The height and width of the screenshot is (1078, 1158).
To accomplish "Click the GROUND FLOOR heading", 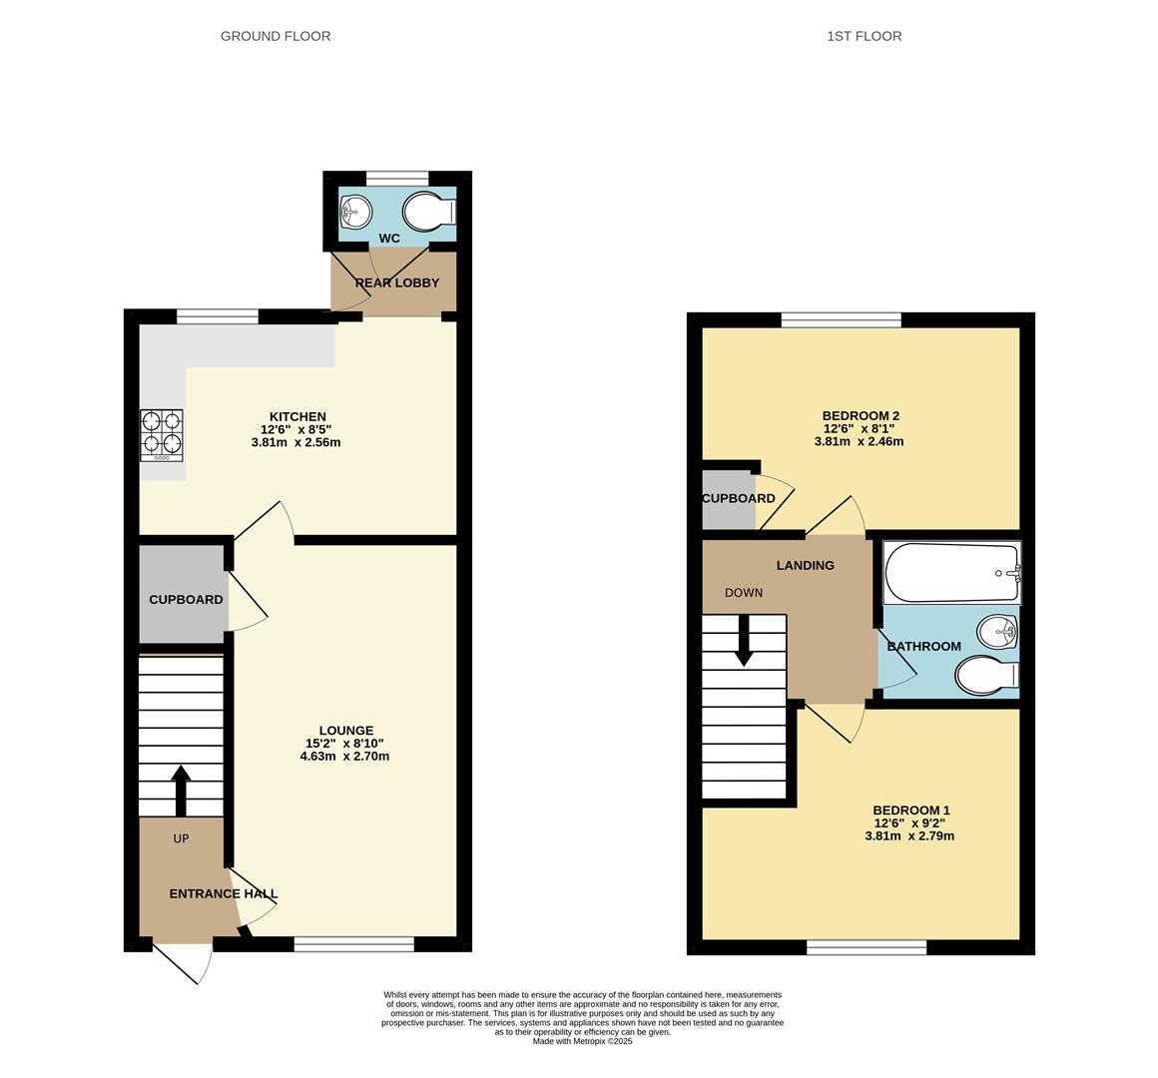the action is (x=276, y=36).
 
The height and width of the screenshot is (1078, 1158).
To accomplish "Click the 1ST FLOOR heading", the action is (x=865, y=36).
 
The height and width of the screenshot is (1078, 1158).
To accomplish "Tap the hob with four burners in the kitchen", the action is (x=162, y=436).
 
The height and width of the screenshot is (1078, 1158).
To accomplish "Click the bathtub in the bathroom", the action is (x=952, y=573).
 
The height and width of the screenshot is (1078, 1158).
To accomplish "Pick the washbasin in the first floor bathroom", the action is (x=997, y=632).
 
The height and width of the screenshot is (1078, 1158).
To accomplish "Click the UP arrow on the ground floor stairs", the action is (x=181, y=791).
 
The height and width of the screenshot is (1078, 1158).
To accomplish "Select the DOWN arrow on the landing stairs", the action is (x=745, y=640).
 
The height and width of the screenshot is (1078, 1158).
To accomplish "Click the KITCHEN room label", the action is (x=296, y=416).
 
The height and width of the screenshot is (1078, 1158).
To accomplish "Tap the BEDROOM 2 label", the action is (x=862, y=415).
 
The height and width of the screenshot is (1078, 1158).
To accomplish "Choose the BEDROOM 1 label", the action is (x=911, y=809).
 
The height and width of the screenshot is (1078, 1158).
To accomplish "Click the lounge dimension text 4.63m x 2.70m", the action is (x=344, y=756).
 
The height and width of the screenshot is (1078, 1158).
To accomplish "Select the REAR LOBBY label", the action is (x=397, y=282).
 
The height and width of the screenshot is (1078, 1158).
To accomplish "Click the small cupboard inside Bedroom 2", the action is (x=729, y=501).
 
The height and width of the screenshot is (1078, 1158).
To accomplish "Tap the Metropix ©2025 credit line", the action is (x=583, y=1041).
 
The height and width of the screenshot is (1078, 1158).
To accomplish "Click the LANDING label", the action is (x=805, y=566).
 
